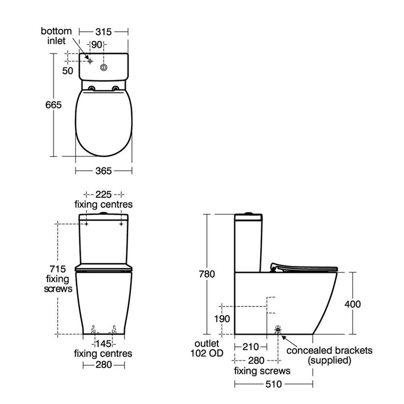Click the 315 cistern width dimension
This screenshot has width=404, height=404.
click(103, 32)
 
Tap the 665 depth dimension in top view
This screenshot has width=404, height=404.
click(53, 105)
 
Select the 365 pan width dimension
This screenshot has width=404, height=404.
click(103, 171)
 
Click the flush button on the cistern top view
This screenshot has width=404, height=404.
click(103, 67)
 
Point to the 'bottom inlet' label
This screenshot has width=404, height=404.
click(56, 36)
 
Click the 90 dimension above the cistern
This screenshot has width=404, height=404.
click(97, 44)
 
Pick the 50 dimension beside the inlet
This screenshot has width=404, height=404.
click(67, 71)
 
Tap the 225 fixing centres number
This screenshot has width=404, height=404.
click(103, 194)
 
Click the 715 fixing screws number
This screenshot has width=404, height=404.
click(58, 269)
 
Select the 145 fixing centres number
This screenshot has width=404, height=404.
click(103, 344)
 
